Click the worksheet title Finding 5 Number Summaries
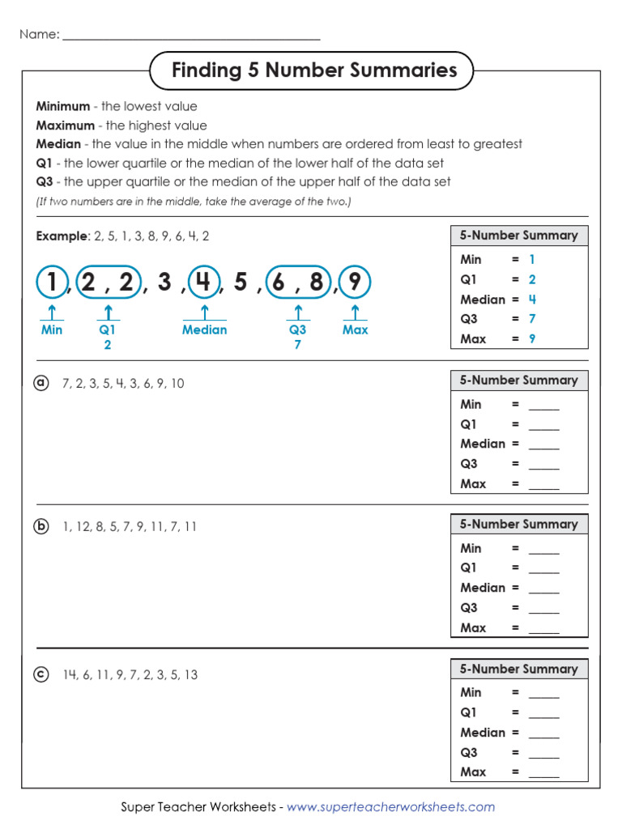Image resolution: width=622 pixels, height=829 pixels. coord(314,70)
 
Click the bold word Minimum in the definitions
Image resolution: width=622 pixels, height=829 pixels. coord(62,106)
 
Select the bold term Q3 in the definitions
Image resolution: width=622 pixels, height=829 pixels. coord(44,181)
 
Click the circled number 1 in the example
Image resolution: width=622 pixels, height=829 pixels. coord(52,283)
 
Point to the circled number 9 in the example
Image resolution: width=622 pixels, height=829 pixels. coord(355,283)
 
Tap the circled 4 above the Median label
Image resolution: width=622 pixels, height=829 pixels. coord(204,283)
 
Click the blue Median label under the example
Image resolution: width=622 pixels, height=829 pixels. coord(204,329)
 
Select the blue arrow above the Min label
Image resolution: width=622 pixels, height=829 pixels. coord(52,312)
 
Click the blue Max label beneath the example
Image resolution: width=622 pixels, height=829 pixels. coord(355,329)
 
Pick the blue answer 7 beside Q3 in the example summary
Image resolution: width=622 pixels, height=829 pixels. coord(532,319)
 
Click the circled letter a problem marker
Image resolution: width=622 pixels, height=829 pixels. coord(41,383)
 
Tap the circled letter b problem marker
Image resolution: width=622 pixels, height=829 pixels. coord(41,526)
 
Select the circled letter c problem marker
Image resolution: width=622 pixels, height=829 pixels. coord(41,674)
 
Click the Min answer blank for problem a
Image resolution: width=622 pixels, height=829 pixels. coord(543,405)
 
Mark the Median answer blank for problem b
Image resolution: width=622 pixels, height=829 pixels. coord(543,589)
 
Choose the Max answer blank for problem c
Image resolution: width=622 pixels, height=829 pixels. coord(543,772)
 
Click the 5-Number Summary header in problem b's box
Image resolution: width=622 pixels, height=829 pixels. coord(518,524)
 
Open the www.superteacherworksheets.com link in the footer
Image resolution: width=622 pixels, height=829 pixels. coord(390,806)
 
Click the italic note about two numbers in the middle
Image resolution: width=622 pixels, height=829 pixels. coord(194,202)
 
